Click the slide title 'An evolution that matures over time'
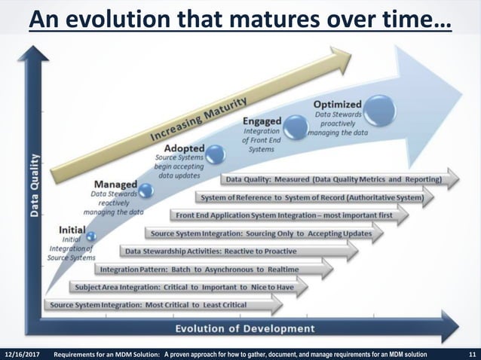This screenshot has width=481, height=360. coord(240,18)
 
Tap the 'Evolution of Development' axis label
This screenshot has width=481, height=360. coord(245,328)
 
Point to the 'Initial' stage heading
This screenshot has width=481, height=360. coord(72,229)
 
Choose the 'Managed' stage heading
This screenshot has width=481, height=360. coord(115,184)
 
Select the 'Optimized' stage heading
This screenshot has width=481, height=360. coord(336,104)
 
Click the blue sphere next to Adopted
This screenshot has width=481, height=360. coord(216,154)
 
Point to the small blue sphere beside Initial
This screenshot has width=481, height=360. coord(91,237)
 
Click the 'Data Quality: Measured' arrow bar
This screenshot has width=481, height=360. coord(339,180)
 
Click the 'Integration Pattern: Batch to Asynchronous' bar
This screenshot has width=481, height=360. coord(212,269)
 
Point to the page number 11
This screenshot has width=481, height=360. coord(470,353)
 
